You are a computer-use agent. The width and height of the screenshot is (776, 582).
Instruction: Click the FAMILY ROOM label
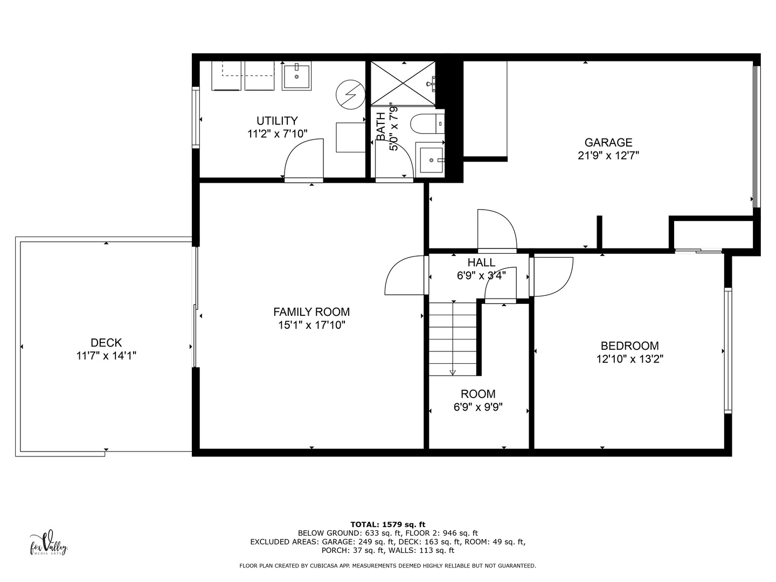click(x=311, y=311)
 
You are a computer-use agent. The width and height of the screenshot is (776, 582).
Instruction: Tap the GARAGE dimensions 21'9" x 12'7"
click(x=608, y=156)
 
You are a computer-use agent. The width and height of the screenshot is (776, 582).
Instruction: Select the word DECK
click(x=106, y=342)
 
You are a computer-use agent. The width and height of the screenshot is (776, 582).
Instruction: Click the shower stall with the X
click(x=403, y=84)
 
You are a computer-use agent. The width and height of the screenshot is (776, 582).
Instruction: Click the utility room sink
click(x=296, y=76)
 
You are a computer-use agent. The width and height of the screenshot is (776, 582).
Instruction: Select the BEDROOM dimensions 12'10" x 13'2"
click(x=629, y=359)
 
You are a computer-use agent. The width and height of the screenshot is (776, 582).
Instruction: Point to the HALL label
click(x=481, y=262)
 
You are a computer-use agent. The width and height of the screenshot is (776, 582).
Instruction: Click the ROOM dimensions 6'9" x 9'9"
click(x=478, y=407)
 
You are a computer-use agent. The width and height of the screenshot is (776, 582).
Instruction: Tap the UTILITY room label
click(x=277, y=121)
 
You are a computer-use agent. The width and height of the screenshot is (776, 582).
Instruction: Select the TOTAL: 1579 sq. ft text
click(x=388, y=524)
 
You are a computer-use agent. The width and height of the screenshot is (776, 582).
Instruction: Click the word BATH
click(x=381, y=127)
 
